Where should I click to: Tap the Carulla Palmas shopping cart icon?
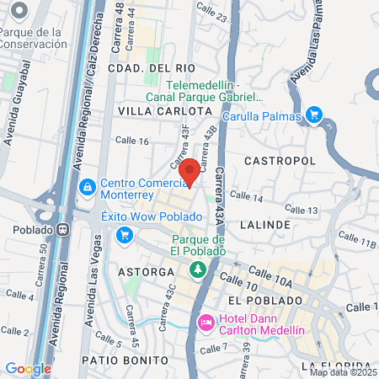click(314, 115)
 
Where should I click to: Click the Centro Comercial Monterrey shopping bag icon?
click(87, 186)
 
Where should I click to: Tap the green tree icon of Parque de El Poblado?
click(198, 269)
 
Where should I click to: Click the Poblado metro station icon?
click(64, 229)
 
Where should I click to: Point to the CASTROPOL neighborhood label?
click(280, 160)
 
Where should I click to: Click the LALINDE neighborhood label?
click(264, 225)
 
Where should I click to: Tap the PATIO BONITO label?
click(117, 359)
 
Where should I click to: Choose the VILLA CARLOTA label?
click(163, 110)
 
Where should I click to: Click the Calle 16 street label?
click(132, 141)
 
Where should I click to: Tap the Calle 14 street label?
click(247, 198)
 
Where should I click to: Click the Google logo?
click(28, 368)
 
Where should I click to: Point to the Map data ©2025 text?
click(343, 371)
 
